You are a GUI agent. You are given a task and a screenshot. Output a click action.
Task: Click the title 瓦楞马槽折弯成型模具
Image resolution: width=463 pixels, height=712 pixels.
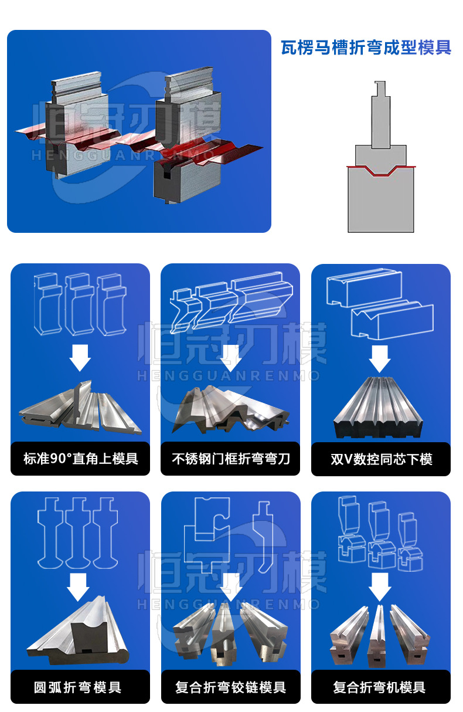[366, 48]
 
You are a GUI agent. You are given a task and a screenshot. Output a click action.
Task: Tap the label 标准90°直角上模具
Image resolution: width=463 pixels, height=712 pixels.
[80, 459]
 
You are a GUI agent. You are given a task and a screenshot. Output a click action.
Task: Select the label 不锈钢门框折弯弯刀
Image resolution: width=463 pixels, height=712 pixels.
[230, 459]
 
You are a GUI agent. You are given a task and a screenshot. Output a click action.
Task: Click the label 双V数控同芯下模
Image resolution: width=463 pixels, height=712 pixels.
[381, 459]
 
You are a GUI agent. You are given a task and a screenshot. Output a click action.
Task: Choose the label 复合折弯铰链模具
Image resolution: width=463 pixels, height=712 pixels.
[230, 687]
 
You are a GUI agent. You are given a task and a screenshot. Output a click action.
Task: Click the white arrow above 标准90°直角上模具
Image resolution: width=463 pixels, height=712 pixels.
[80, 357]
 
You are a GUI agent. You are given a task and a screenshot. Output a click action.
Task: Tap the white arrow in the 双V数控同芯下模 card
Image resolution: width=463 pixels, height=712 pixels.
[380, 357]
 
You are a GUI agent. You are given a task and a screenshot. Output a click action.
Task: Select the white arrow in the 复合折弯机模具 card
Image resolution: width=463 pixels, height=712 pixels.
[380, 586]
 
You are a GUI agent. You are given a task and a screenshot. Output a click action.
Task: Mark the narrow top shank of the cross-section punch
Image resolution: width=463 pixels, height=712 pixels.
[380, 91]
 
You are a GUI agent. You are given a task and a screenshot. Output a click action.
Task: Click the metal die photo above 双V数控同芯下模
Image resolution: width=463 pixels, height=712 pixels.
[380, 408]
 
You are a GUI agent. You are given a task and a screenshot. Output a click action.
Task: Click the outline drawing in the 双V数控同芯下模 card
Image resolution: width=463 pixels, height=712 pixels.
[380, 308]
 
